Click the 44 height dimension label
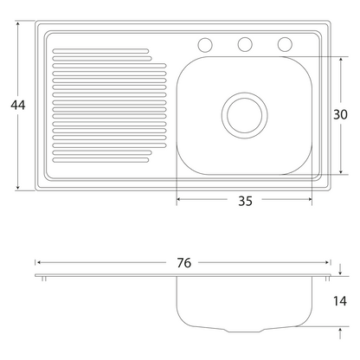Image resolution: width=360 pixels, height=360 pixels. click(x=18, y=105)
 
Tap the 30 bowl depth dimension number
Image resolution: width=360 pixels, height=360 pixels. click(x=340, y=114)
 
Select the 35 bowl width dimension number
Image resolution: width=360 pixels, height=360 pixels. click(x=245, y=201)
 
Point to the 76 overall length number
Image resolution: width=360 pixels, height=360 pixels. click(x=184, y=263)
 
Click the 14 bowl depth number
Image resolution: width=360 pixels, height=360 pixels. click(x=340, y=301)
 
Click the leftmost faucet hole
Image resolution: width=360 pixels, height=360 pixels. click(x=205, y=45)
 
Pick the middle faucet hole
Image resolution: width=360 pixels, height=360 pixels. click(x=245, y=45)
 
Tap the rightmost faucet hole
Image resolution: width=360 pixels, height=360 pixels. click(x=285, y=44)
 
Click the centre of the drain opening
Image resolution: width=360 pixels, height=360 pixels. click(x=245, y=115)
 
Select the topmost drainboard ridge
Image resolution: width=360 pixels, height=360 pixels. click(x=100, y=51)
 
